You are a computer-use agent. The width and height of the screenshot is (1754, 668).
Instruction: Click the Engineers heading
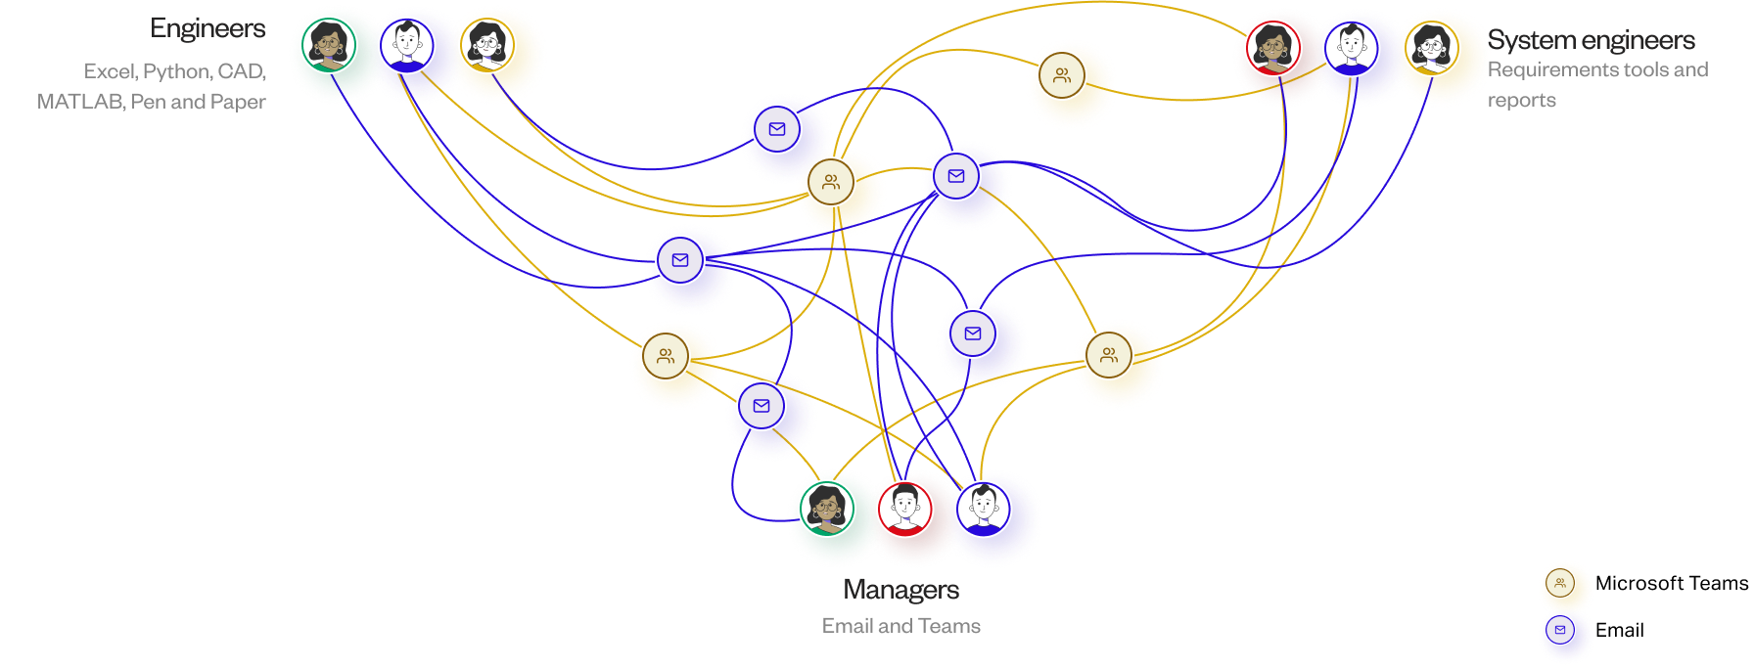point(208,29)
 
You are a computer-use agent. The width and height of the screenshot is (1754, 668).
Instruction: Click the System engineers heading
point(1592,40)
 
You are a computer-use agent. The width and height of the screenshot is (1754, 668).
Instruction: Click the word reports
point(1522,101)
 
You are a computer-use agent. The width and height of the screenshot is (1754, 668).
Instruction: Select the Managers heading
point(900,590)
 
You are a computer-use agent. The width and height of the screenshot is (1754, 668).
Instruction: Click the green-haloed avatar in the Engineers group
point(328,45)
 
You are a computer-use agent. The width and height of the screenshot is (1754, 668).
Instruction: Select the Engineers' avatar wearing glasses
point(486,45)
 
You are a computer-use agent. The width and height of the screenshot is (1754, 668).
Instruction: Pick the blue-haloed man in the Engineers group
point(407,45)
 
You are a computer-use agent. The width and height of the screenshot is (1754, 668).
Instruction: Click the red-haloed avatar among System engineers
point(1273,47)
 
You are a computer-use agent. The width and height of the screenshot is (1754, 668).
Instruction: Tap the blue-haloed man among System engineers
point(1351,47)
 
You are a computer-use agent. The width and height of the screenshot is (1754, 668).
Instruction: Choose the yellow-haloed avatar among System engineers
point(1430,47)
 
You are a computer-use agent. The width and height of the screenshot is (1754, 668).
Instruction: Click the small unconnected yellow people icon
point(1560,584)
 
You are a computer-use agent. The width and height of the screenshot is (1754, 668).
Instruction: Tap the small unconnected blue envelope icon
point(1560,631)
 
